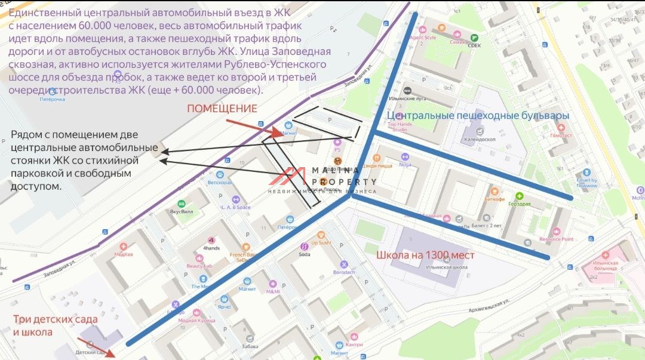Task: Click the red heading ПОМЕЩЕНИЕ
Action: (x=222, y=109)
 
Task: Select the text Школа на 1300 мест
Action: (x=425, y=255)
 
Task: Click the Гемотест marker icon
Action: (x=560, y=127)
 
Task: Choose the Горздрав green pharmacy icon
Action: (x=519, y=196)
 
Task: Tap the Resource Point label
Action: (x=556, y=239)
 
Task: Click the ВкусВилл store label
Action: (x=181, y=211)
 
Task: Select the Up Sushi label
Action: (x=321, y=243)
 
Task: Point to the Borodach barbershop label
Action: (x=344, y=272)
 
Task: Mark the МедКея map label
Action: (x=124, y=253)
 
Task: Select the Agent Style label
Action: (x=423, y=38)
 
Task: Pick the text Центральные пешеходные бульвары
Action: (x=478, y=115)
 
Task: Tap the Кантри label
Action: (x=354, y=344)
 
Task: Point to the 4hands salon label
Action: (x=211, y=247)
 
